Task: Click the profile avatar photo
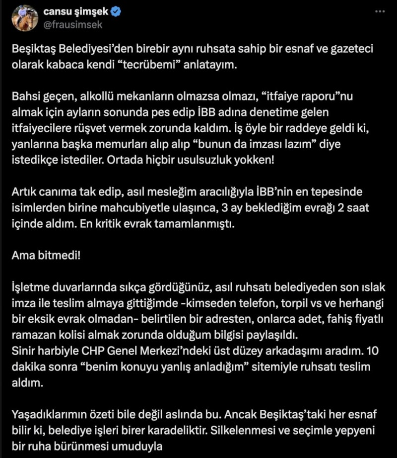(24, 18)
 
